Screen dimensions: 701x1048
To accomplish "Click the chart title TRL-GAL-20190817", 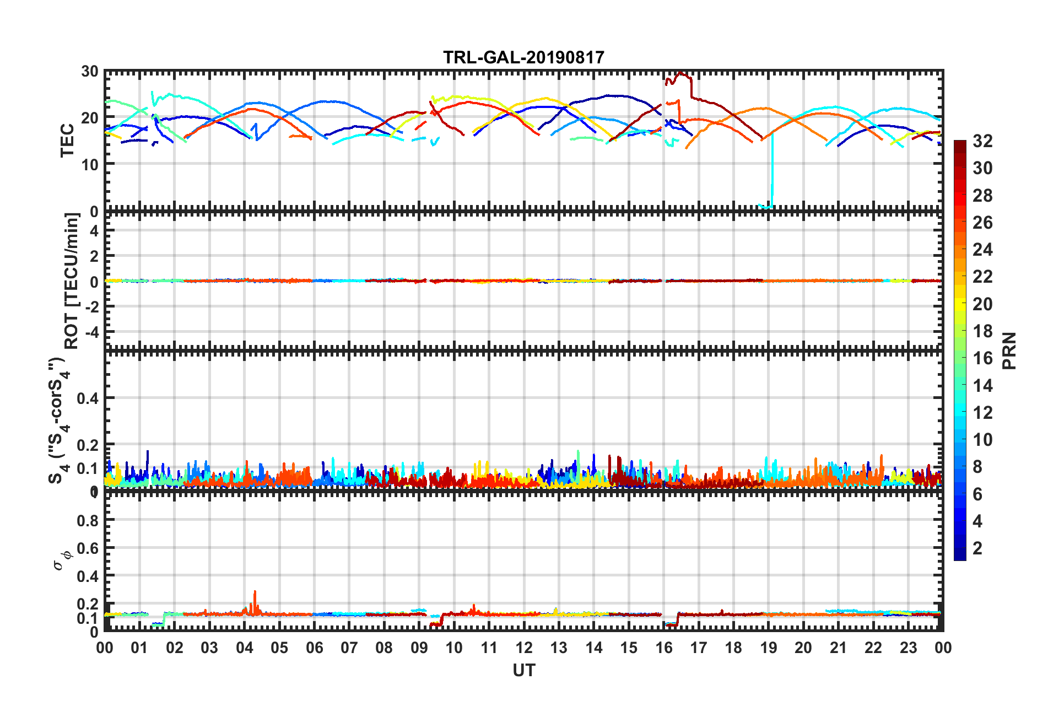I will tap(523, 57).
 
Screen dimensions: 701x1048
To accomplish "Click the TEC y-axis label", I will tap(67, 141).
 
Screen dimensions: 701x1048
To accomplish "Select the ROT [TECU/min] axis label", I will tap(72, 281).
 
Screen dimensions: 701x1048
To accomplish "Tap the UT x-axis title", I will tap(523, 670).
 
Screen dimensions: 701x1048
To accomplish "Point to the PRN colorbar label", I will tap(1009, 350).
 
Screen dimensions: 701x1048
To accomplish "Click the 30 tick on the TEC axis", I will tap(89, 72).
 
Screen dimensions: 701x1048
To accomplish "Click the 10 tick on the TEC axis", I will tap(89, 164).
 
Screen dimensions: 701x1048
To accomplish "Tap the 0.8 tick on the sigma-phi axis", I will tap(88, 520).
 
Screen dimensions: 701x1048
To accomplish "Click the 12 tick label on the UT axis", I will tap(524, 648).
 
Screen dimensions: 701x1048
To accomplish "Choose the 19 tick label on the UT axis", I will tap(769, 648).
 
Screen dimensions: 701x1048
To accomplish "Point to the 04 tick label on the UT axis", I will tap(245, 648).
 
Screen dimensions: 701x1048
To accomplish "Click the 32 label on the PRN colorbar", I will tap(982, 141).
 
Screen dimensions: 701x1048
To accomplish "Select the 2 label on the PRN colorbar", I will tap(977, 548).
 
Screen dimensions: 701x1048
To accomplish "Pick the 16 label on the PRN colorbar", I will tap(982, 358).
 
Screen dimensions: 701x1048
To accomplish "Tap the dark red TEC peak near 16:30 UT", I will tap(681, 73).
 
